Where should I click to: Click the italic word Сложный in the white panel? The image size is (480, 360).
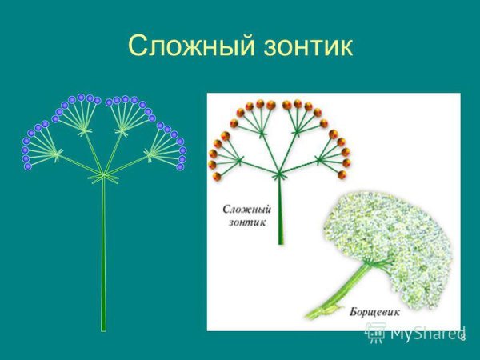[247, 209]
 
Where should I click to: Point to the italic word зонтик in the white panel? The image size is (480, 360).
[247, 222]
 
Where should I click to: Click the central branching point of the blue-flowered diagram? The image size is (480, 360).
[102, 174]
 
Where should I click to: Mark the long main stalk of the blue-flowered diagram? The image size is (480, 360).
[103, 256]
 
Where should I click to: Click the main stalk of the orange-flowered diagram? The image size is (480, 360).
[280, 212]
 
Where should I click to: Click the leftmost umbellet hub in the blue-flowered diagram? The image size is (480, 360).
[57, 155]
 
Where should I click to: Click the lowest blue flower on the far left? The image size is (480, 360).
[28, 166]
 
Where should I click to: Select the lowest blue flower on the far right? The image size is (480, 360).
[180, 166]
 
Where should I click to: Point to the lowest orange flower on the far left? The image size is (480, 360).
[214, 175]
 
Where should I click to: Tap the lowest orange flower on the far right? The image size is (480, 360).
[346, 174]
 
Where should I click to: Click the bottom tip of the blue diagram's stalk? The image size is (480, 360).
[103, 328]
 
